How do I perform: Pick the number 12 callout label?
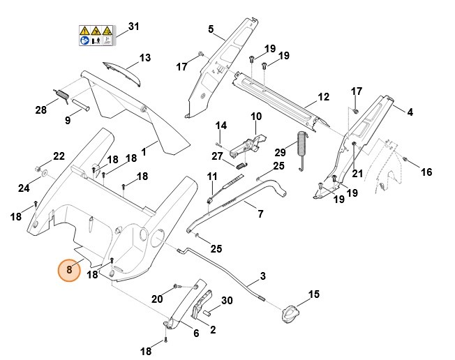pyautogui.click(x=323, y=96)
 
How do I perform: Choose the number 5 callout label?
pyautogui.click(x=211, y=29)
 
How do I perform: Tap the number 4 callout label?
pyautogui.click(x=410, y=112)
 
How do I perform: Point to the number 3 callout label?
pyautogui.click(x=262, y=276)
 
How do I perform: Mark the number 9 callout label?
pyautogui.click(x=68, y=121)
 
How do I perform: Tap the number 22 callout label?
pyautogui.click(x=59, y=156)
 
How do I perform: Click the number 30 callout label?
pyautogui.click(x=226, y=300)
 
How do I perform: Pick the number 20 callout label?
pyautogui.click(x=158, y=299)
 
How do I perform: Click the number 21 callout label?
pyautogui.click(x=357, y=173)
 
